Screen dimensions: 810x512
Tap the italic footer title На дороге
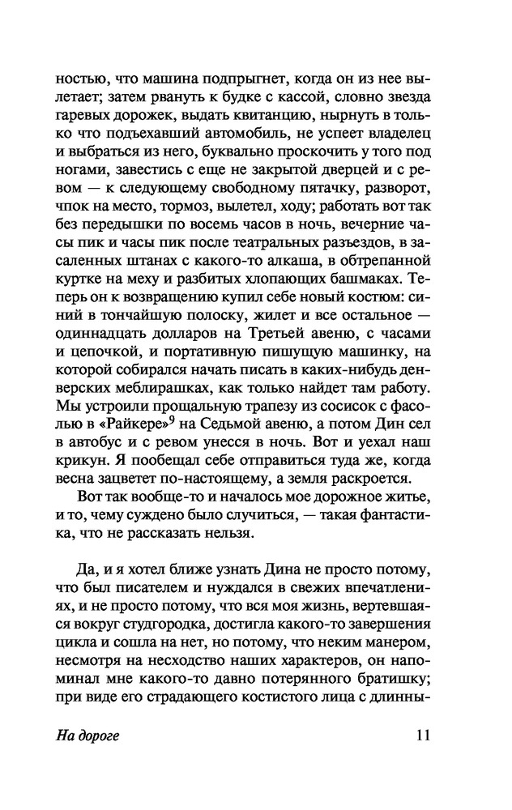(87, 737)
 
